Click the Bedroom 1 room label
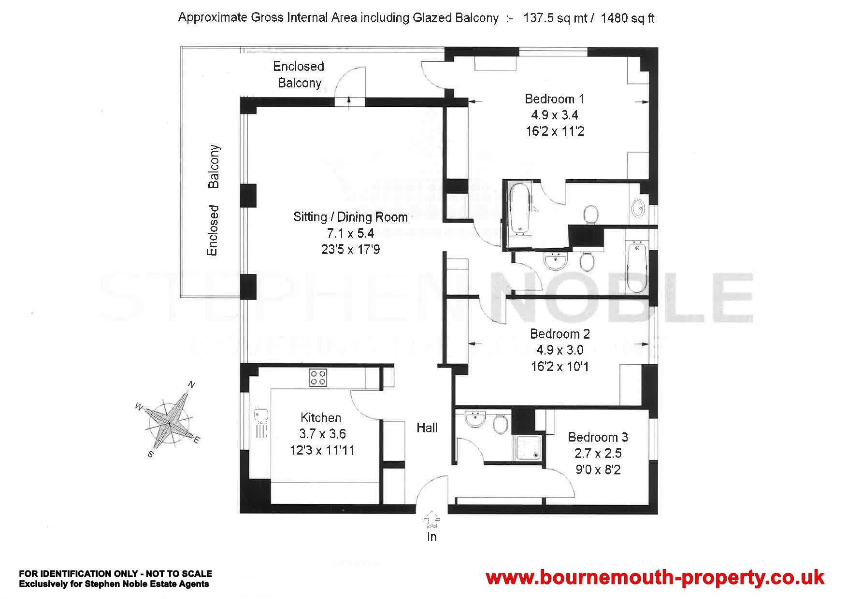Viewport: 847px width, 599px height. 554,99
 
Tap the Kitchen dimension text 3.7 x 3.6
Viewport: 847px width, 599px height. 322,434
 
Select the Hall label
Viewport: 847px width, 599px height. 427,428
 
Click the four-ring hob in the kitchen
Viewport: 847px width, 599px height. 318,377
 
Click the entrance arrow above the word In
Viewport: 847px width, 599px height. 431,521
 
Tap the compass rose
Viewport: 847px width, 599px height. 169,419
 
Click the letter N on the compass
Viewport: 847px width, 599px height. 191,385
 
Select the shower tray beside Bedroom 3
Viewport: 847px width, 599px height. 527,447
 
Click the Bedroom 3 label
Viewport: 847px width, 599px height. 598,437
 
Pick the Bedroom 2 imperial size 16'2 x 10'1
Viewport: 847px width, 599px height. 560,367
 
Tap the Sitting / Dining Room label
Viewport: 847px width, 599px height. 350,217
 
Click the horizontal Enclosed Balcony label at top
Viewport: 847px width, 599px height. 299,74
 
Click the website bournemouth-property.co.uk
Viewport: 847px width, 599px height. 655,577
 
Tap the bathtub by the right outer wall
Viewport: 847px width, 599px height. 636,267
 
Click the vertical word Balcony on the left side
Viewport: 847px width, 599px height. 214,166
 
